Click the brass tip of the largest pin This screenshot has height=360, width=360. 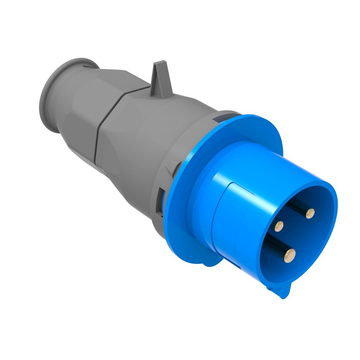(289, 255)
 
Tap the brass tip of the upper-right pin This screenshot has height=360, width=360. (309, 214)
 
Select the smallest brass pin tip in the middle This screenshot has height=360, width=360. (279, 226)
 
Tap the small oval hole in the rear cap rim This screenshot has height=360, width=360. (86, 66)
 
